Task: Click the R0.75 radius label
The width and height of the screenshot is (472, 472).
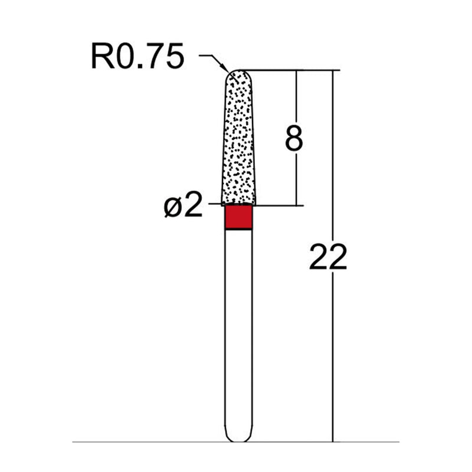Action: [x=137, y=57]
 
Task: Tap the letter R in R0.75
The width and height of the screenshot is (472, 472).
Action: [x=101, y=57]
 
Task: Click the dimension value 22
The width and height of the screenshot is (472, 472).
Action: [x=328, y=257]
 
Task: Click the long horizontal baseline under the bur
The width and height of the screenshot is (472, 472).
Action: [x=147, y=441]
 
